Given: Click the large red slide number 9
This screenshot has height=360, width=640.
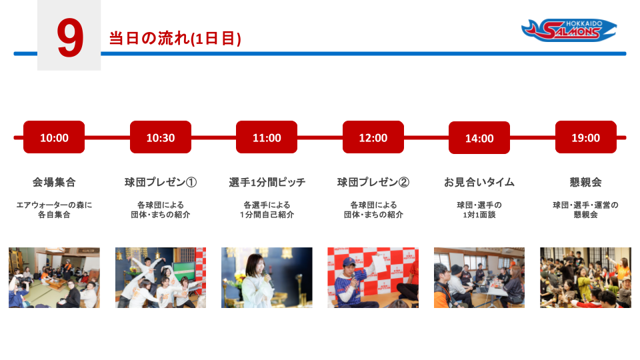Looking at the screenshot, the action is (x=70, y=38).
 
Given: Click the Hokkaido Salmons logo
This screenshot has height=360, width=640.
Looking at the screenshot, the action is (x=569, y=30).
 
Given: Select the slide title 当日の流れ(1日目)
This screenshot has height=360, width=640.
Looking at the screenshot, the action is (x=175, y=39).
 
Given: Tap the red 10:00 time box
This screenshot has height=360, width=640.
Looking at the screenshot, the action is (x=54, y=137).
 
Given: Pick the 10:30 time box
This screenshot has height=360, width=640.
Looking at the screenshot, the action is (x=161, y=137).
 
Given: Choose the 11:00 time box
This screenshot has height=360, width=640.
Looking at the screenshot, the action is (x=267, y=137).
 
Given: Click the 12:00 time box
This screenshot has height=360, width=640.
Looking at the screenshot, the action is (x=373, y=137).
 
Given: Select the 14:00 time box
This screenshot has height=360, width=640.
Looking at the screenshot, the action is (x=479, y=137).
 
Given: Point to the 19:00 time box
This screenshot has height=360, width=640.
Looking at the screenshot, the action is (x=586, y=137).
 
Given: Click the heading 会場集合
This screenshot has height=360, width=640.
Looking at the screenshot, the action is (x=54, y=182).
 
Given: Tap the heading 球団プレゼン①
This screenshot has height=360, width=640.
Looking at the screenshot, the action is (x=161, y=182).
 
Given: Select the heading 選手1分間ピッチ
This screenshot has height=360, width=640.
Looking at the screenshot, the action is (x=267, y=182).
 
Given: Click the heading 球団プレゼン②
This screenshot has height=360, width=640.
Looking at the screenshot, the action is (x=373, y=182).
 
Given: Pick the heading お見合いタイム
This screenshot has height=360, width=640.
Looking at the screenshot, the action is (x=479, y=182).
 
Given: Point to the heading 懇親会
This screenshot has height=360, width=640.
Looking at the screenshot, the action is (x=586, y=182).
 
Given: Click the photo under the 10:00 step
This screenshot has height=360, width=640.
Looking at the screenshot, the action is (x=54, y=277).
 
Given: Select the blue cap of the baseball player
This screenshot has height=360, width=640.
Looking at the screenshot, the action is (x=349, y=261).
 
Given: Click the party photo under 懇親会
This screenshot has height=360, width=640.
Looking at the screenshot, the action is (x=585, y=277).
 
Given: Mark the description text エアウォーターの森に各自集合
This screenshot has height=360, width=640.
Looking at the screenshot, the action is (x=54, y=209).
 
